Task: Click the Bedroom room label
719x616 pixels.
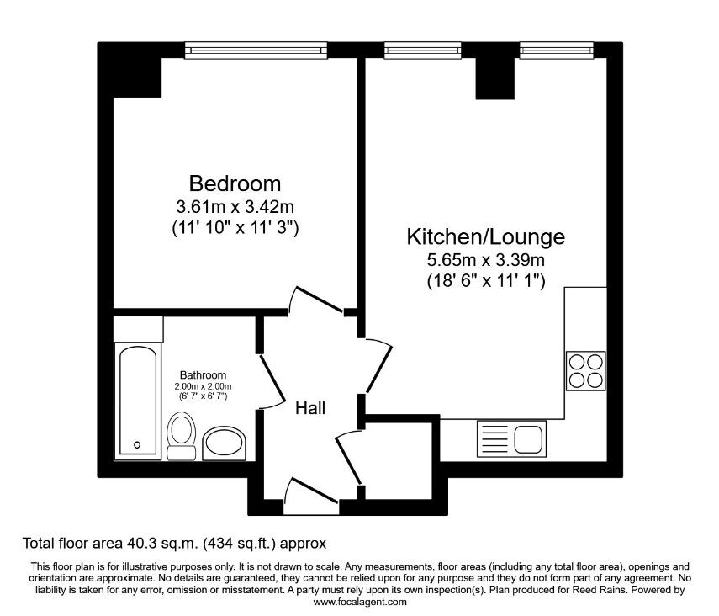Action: [x=235, y=183]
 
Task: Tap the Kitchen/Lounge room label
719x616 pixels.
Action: [x=485, y=237]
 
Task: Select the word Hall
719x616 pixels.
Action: [x=310, y=408]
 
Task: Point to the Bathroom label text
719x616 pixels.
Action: [x=203, y=375]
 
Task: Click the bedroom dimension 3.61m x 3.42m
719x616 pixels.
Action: [x=235, y=207]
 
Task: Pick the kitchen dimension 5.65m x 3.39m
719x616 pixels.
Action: [x=485, y=260]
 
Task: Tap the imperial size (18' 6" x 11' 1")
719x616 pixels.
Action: [x=486, y=280]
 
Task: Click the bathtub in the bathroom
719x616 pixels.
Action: [x=138, y=401]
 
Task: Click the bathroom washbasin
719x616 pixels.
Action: [x=224, y=443]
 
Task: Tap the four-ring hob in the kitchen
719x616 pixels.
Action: [x=585, y=371]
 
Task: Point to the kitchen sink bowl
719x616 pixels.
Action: [x=529, y=438]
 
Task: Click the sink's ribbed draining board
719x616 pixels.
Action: [x=494, y=438]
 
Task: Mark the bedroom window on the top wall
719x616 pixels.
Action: [x=256, y=50]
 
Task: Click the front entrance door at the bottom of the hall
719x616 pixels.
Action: [x=311, y=497]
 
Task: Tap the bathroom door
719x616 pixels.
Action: [x=272, y=382]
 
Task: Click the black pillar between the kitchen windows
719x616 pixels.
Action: [x=494, y=78]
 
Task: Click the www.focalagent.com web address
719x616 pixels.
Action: [x=360, y=602]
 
